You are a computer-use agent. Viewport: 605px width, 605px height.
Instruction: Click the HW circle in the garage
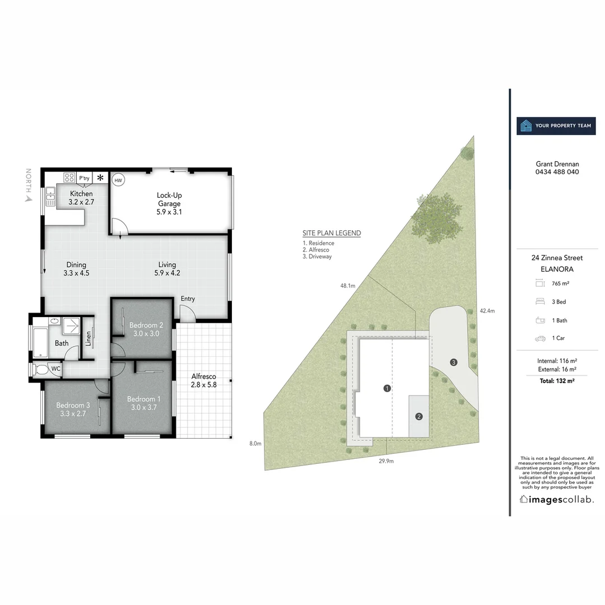point(118,180)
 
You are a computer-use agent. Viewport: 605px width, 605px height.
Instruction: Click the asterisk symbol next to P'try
point(100,178)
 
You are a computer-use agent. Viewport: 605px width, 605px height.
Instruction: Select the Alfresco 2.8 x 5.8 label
point(203,381)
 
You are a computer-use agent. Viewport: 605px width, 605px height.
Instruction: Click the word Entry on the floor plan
point(188,299)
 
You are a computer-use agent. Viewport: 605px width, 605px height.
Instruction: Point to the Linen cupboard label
point(88,338)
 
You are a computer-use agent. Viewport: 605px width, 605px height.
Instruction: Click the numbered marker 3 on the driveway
point(454,362)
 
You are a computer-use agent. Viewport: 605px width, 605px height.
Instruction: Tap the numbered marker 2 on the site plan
point(418,416)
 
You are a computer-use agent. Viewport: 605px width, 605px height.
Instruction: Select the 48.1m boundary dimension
point(347,286)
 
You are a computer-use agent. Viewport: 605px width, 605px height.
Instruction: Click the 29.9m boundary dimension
point(386,461)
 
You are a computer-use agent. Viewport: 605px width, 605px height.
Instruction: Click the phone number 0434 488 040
point(557,172)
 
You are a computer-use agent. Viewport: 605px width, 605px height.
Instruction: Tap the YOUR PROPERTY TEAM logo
point(556,126)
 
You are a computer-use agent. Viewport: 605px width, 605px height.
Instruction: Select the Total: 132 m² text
point(557,380)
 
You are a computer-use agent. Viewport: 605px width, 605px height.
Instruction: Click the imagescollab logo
point(557,499)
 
